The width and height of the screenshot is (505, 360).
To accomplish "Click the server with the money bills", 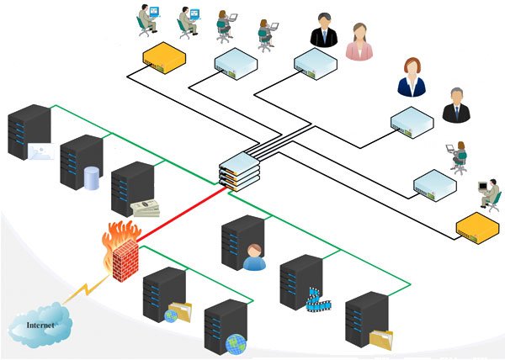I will [x=132, y=188].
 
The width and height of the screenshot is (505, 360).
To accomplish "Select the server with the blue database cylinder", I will [x=81, y=161].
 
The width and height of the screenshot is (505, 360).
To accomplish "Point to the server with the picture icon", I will [x=28, y=130].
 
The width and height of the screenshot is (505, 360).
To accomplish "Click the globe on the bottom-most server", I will [x=234, y=343].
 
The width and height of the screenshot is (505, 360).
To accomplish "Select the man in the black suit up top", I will [x=323, y=31].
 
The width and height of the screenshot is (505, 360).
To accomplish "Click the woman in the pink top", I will [x=359, y=40].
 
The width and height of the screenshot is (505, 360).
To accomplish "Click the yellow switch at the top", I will [x=164, y=56].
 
